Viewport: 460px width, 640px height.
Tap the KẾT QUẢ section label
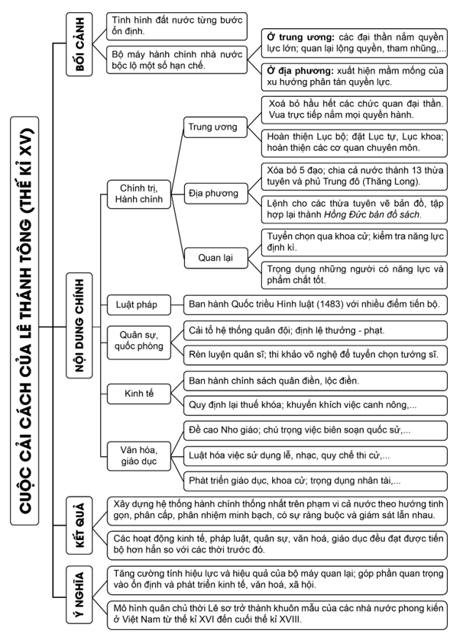pyautogui.click(x=76, y=520)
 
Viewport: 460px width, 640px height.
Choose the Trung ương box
pyautogui.click(x=212, y=127)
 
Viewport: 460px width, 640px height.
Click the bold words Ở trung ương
pyautogui.click(x=298, y=36)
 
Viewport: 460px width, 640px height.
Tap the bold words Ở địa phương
pyautogui.click(x=300, y=69)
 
